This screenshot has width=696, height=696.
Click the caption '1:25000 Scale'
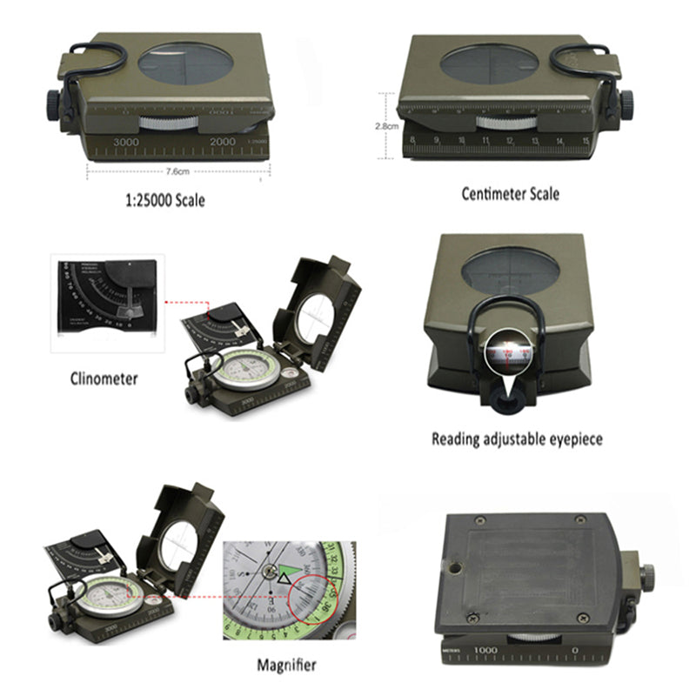(x=165, y=200)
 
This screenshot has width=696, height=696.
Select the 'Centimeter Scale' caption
(x=510, y=193)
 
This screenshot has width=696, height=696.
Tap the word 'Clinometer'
(x=104, y=378)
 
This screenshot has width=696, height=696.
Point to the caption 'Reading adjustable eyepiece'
(x=517, y=439)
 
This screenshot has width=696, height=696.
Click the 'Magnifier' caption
(x=286, y=666)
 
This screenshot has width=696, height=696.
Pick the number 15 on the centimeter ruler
(x=586, y=140)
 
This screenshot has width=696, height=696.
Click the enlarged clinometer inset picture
(x=104, y=303)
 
